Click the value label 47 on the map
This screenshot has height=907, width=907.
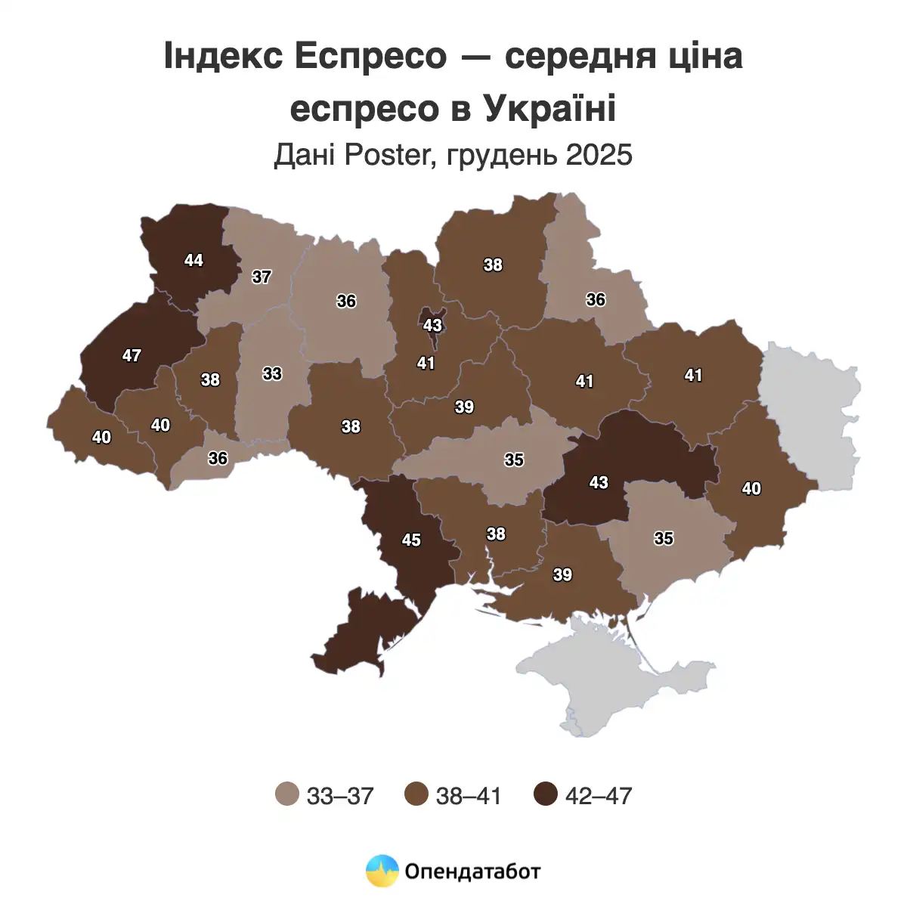(132, 354)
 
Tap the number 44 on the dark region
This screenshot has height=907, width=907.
(193, 260)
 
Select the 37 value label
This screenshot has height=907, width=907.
(262, 277)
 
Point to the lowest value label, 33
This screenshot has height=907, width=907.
(272, 373)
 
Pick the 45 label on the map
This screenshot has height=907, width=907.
(411, 540)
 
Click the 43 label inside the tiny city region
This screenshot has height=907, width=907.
(432, 326)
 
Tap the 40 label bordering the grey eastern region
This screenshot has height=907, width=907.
(751, 489)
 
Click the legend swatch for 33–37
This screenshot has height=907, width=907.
(287, 794)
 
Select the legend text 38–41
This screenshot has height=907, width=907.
(469, 795)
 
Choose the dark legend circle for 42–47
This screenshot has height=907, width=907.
(545, 794)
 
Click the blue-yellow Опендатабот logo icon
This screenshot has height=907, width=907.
(382, 871)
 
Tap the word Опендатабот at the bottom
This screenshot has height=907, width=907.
(473, 871)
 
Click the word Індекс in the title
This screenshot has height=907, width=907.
(219, 57)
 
